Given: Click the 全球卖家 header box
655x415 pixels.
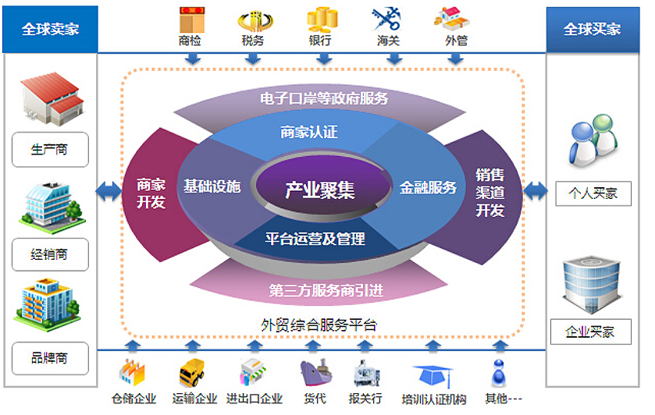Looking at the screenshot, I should pos(50,29).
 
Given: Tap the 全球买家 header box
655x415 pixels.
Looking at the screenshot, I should pos(593,29).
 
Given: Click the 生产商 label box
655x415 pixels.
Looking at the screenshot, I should pos(50,149).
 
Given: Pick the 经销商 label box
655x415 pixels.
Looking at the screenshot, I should pos(50,254).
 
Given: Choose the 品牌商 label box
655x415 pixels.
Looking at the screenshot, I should pos(50,358).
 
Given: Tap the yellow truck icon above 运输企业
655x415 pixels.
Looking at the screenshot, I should pos(192,372).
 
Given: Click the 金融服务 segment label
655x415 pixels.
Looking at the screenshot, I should pos(428,188).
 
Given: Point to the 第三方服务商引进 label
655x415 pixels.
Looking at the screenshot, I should pos(326,292).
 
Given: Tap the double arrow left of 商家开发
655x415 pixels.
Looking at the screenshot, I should pos(107,190).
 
